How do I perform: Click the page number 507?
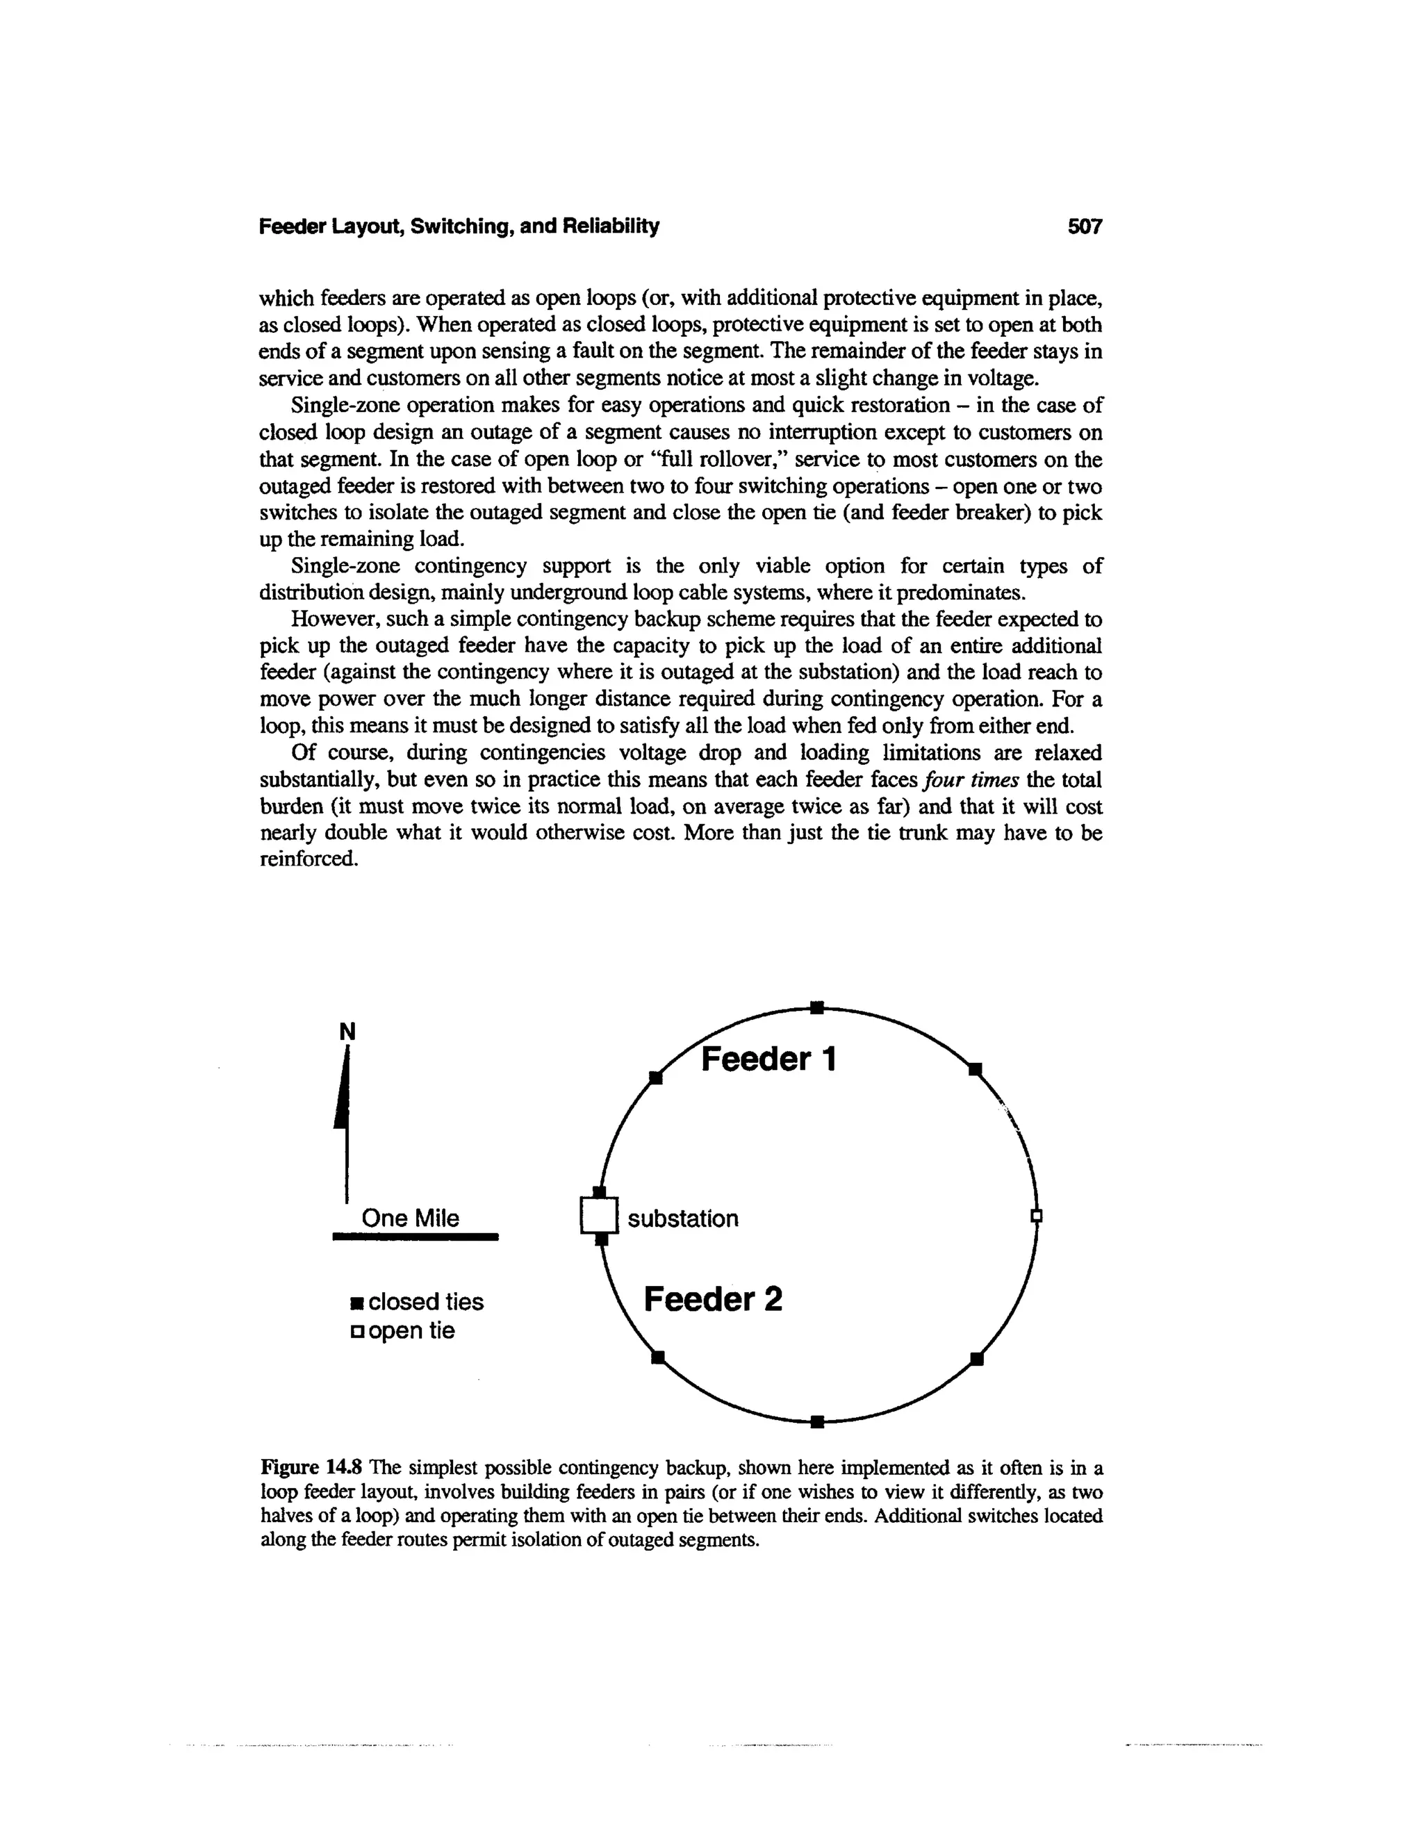tap(1084, 226)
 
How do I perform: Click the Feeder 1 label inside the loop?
tap(768, 1059)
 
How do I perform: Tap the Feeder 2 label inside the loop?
tap(712, 1299)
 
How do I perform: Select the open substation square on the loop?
tap(600, 1216)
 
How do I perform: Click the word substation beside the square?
tap(683, 1219)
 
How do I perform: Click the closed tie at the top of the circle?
tap(816, 1007)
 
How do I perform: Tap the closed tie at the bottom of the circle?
tap(816, 1422)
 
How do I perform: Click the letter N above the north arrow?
tap(347, 1032)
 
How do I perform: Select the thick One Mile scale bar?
tap(416, 1237)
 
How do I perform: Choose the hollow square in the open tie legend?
tap(357, 1332)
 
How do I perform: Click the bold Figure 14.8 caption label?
tap(313, 1469)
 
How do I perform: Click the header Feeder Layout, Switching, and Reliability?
tap(459, 226)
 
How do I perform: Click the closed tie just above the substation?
tap(600, 1191)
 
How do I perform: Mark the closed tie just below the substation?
tap(601, 1239)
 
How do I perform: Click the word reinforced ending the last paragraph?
tap(309, 860)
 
